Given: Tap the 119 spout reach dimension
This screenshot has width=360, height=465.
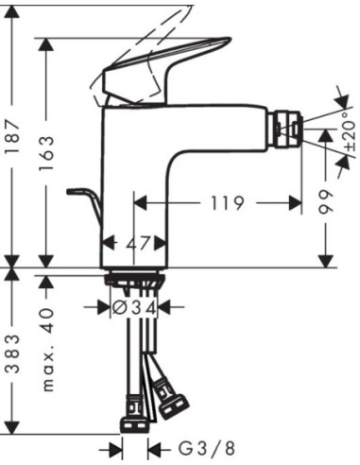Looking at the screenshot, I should (x=219, y=201).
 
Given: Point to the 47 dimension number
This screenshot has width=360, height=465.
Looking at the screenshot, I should (x=138, y=242).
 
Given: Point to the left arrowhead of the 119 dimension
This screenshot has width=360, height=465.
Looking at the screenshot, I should (x=139, y=201).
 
